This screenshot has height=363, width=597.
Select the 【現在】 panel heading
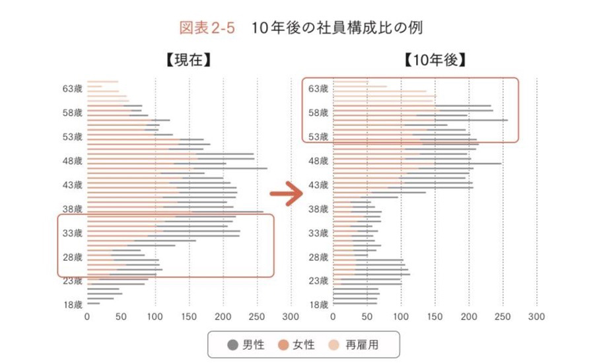pyautogui.click(x=188, y=61)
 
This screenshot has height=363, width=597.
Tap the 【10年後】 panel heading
pyautogui.click(x=435, y=61)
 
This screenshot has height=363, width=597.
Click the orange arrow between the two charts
pyautogui.click(x=285, y=195)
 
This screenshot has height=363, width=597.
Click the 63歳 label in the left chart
pyautogui.click(x=72, y=88)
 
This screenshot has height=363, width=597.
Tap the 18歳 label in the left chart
pyautogui.click(x=72, y=305)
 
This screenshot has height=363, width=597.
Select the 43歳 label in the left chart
pyautogui.click(x=72, y=185)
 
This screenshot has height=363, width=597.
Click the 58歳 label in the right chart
pyautogui.click(x=318, y=113)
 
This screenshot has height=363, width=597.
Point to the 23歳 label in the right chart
pyautogui.click(x=318, y=281)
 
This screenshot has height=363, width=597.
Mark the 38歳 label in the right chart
pyautogui.click(x=318, y=209)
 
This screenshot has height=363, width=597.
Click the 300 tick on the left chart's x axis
pyautogui.click(x=291, y=317)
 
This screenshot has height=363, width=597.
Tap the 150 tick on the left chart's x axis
pyautogui.click(x=189, y=317)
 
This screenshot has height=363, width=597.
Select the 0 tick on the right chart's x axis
pyautogui.click(x=333, y=317)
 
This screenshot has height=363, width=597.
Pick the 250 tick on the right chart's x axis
pyautogui.click(x=503, y=317)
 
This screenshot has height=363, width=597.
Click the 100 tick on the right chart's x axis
pyautogui.click(x=401, y=317)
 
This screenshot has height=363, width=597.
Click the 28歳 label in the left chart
pyautogui.click(x=72, y=257)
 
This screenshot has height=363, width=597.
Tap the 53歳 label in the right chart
pyautogui.click(x=318, y=137)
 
